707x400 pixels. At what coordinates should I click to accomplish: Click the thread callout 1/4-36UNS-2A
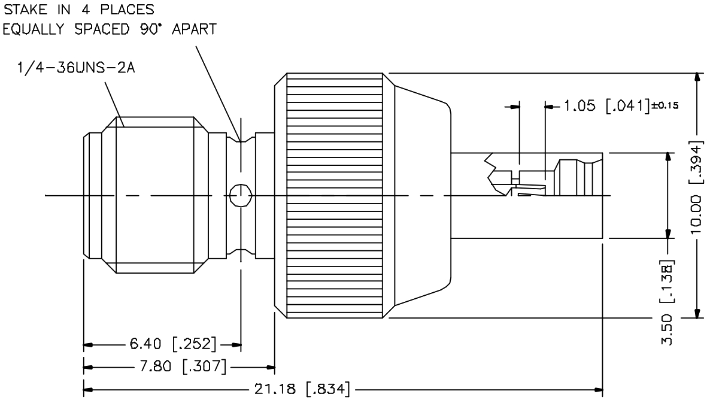click(x=76, y=68)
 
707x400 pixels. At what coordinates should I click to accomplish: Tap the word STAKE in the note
click(x=25, y=9)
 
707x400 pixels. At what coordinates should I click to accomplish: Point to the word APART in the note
click(x=195, y=29)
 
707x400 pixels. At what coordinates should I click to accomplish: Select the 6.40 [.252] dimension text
click(x=172, y=344)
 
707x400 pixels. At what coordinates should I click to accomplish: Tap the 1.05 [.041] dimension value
click(x=606, y=106)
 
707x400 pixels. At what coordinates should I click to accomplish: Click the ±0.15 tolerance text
click(x=664, y=105)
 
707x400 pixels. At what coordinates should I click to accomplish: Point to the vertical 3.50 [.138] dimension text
click(x=667, y=302)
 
